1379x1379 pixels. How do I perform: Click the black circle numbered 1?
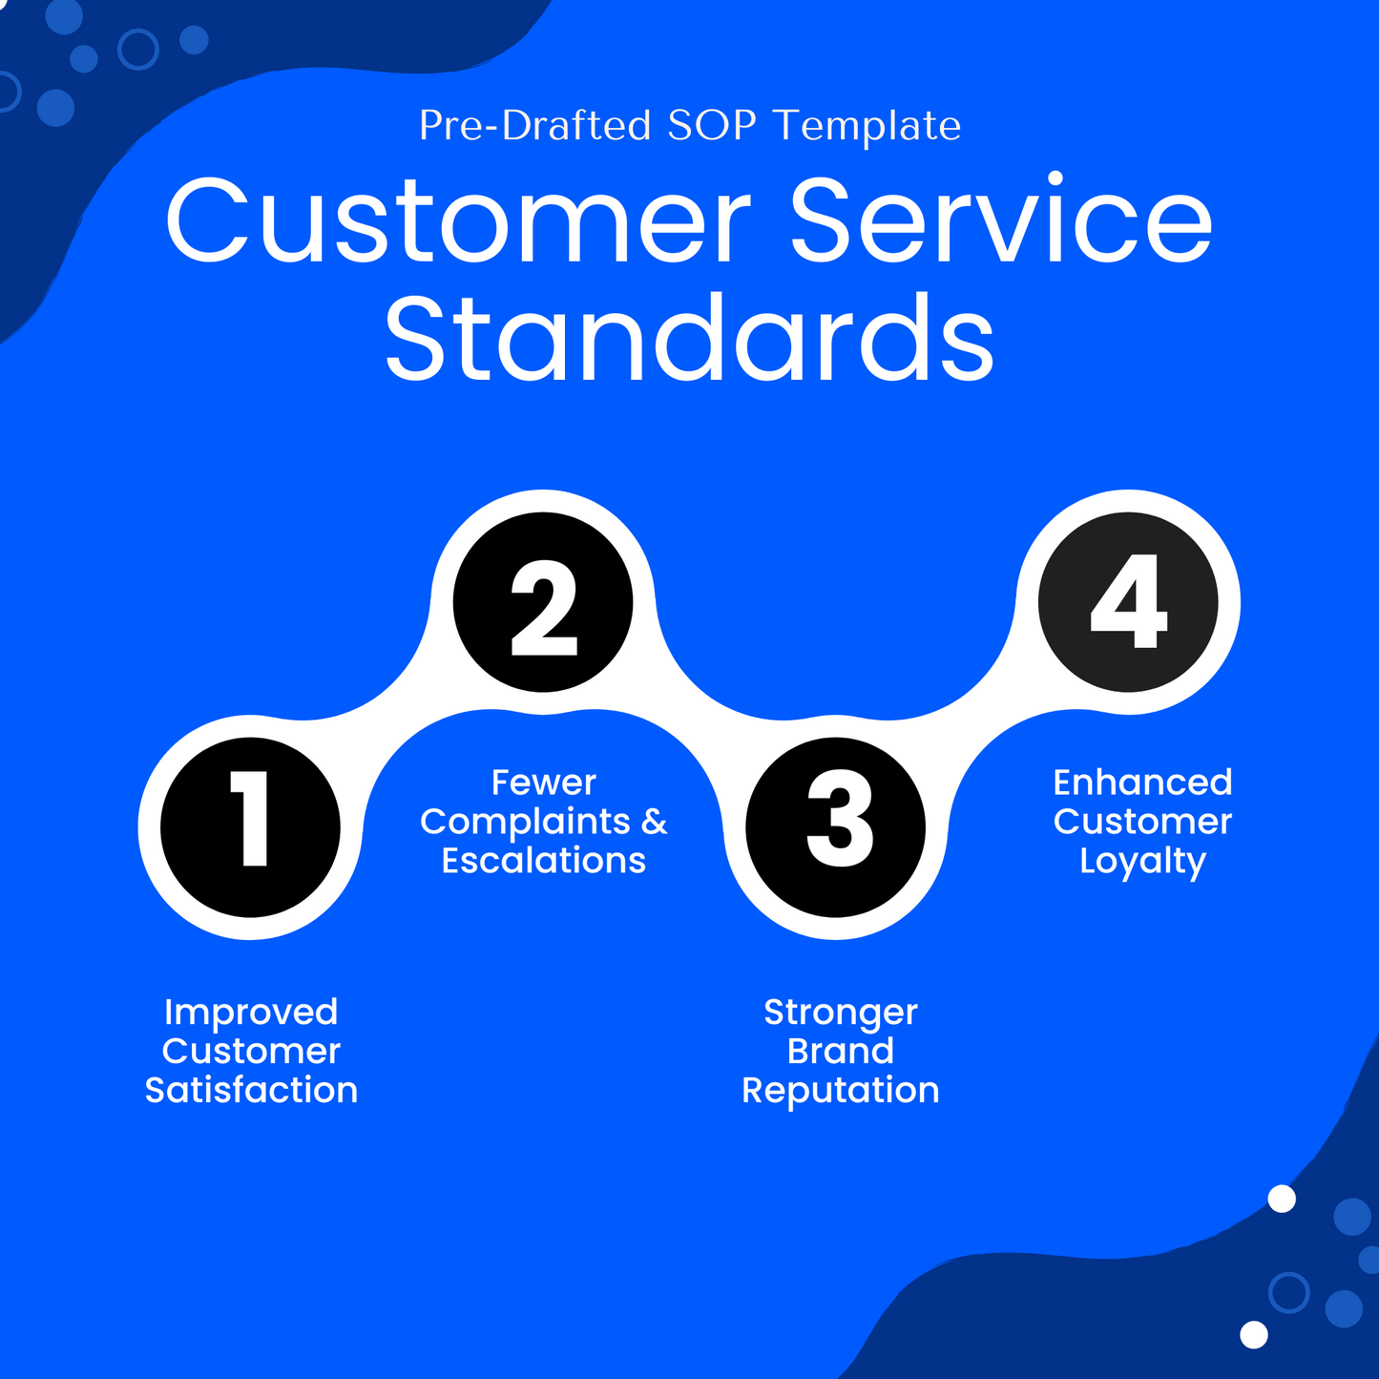[250, 826]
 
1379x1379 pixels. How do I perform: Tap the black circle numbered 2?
[543, 602]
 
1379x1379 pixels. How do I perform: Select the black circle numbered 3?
[836, 826]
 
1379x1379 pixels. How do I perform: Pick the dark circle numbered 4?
[1128, 602]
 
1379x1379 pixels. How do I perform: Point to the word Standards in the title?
[689, 339]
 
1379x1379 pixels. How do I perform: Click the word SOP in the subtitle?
[711, 126]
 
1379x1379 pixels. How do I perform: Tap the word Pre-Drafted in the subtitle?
[534, 126]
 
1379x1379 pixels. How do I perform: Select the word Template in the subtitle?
[867, 126]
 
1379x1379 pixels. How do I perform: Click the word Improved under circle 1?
[251, 1012]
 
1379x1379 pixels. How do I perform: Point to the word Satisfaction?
[251, 1090]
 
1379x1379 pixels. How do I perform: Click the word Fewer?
[543, 783]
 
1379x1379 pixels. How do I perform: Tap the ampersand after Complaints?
[654, 822]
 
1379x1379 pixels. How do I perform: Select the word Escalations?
[543, 861]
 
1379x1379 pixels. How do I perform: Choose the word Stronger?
[840, 1013]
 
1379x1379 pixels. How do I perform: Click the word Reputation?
[840, 1091]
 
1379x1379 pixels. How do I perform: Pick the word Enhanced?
[1142, 783]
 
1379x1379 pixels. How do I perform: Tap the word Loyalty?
[1142, 862]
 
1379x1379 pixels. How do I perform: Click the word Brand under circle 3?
[840, 1051]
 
